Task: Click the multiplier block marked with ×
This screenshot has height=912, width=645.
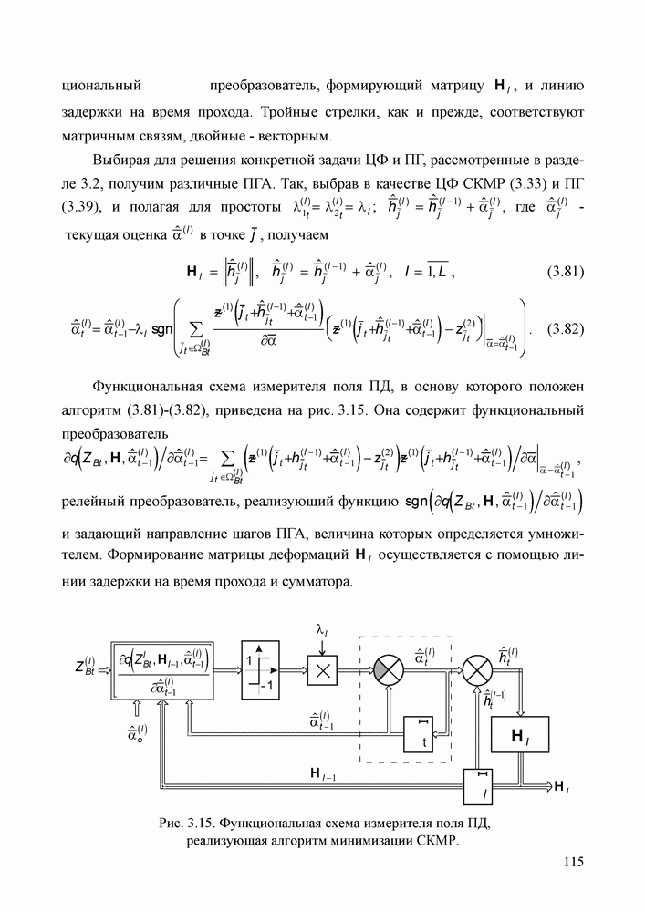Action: (x=320, y=670)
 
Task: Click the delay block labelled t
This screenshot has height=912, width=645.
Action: (x=421, y=735)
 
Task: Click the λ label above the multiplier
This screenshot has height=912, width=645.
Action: (x=321, y=630)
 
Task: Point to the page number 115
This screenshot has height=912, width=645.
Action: (x=573, y=862)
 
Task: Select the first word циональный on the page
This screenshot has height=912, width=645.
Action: (x=99, y=88)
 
